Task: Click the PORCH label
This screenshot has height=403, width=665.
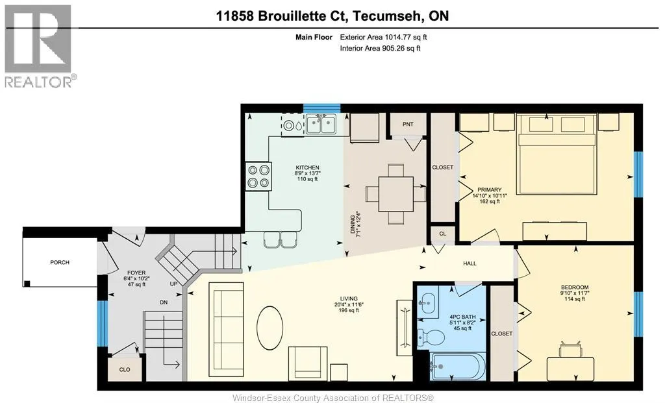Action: click(x=59, y=262)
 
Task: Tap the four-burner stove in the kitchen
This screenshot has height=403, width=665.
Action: click(x=258, y=177)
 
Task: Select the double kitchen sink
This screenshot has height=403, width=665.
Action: click(x=321, y=124)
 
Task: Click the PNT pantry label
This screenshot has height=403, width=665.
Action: click(x=408, y=124)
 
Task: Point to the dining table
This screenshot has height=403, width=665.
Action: click(x=395, y=194)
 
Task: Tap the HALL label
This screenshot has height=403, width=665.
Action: click(x=470, y=263)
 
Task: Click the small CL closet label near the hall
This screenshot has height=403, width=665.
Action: click(x=443, y=234)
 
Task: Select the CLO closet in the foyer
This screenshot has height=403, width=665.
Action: click(x=125, y=369)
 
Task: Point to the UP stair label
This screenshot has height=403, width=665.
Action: click(x=173, y=284)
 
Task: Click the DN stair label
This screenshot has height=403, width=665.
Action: click(x=164, y=302)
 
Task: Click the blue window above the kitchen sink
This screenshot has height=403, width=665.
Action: click(x=322, y=108)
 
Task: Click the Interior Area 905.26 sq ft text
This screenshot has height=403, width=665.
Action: click(x=380, y=48)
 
